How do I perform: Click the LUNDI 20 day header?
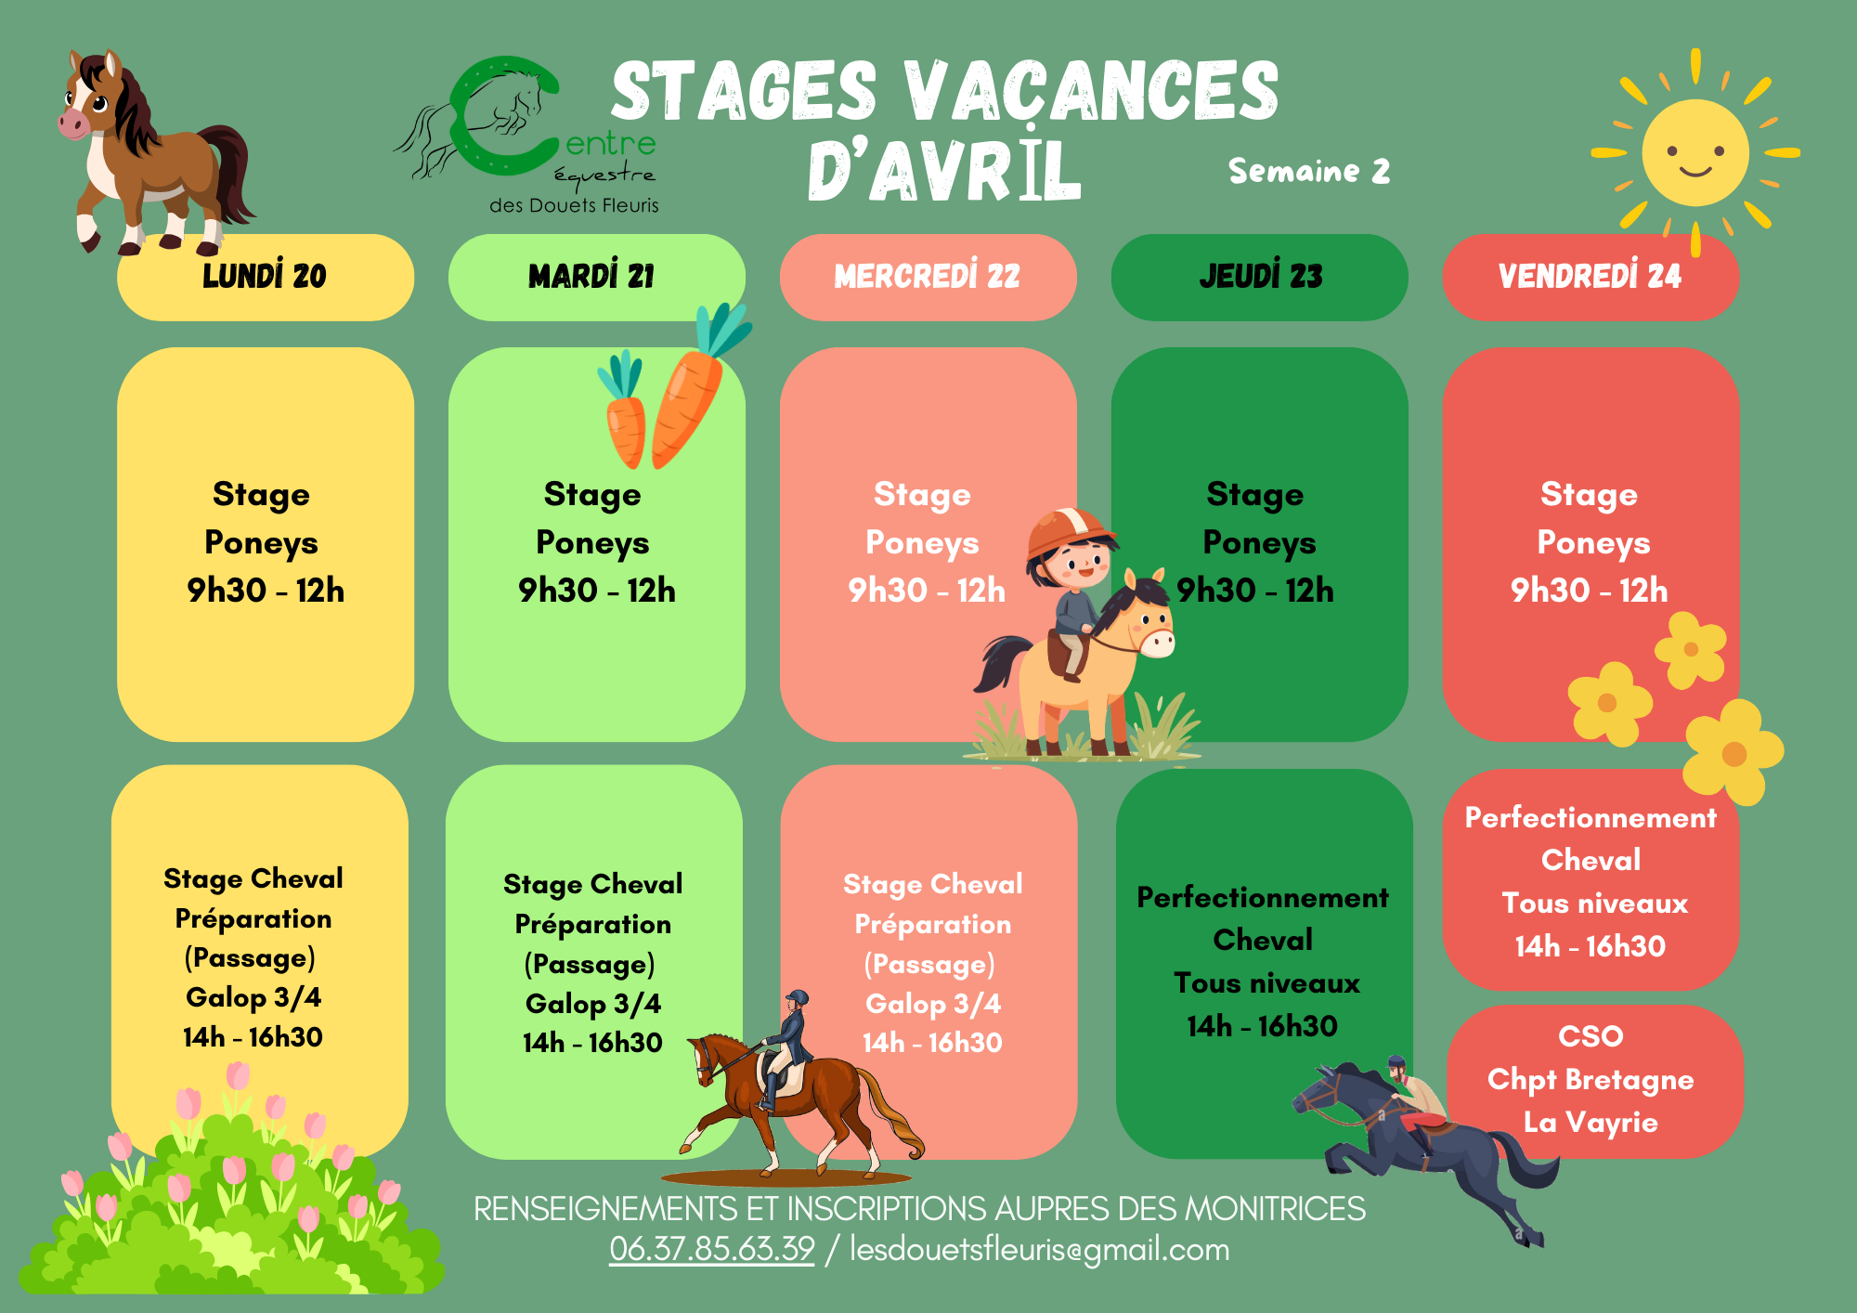coord(266,277)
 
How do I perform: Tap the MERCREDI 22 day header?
coord(928,277)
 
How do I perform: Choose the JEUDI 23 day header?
coord(1259,277)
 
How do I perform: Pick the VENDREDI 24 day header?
coord(1591,277)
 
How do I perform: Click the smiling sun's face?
coord(1695,152)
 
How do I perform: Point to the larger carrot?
coord(692,390)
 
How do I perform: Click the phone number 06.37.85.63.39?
coord(712,1249)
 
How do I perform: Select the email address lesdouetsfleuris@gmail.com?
coord(1040,1250)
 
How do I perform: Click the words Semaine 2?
coord(1309,171)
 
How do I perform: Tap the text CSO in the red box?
coord(1591,1036)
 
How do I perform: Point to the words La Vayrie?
coord(1591,1122)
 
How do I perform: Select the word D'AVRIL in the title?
coord(945,171)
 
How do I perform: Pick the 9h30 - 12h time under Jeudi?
coord(1255,591)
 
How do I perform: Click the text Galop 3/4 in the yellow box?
coord(253,997)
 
